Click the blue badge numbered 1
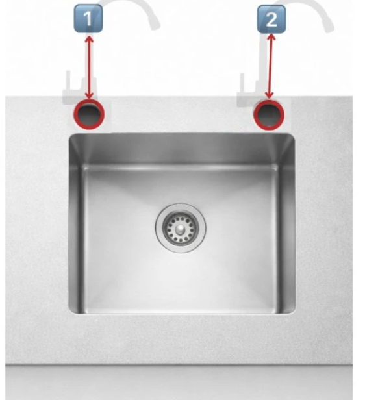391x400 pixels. (x=88, y=18)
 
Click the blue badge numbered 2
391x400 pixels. (x=271, y=19)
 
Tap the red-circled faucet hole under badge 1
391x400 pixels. (x=89, y=114)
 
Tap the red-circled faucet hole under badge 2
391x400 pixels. (x=269, y=114)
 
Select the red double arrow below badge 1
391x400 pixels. (x=89, y=68)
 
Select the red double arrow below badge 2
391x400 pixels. (x=270, y=66)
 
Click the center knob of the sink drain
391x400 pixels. (x=181, y=228)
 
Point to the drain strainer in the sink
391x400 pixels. (x=181, y=228)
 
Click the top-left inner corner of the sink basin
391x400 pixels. (x=83, y=166)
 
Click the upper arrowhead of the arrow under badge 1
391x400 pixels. (x=89, y=39)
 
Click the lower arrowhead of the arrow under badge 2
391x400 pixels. (x=269, y=95)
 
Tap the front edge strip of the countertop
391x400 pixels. (x=179, y=382)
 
